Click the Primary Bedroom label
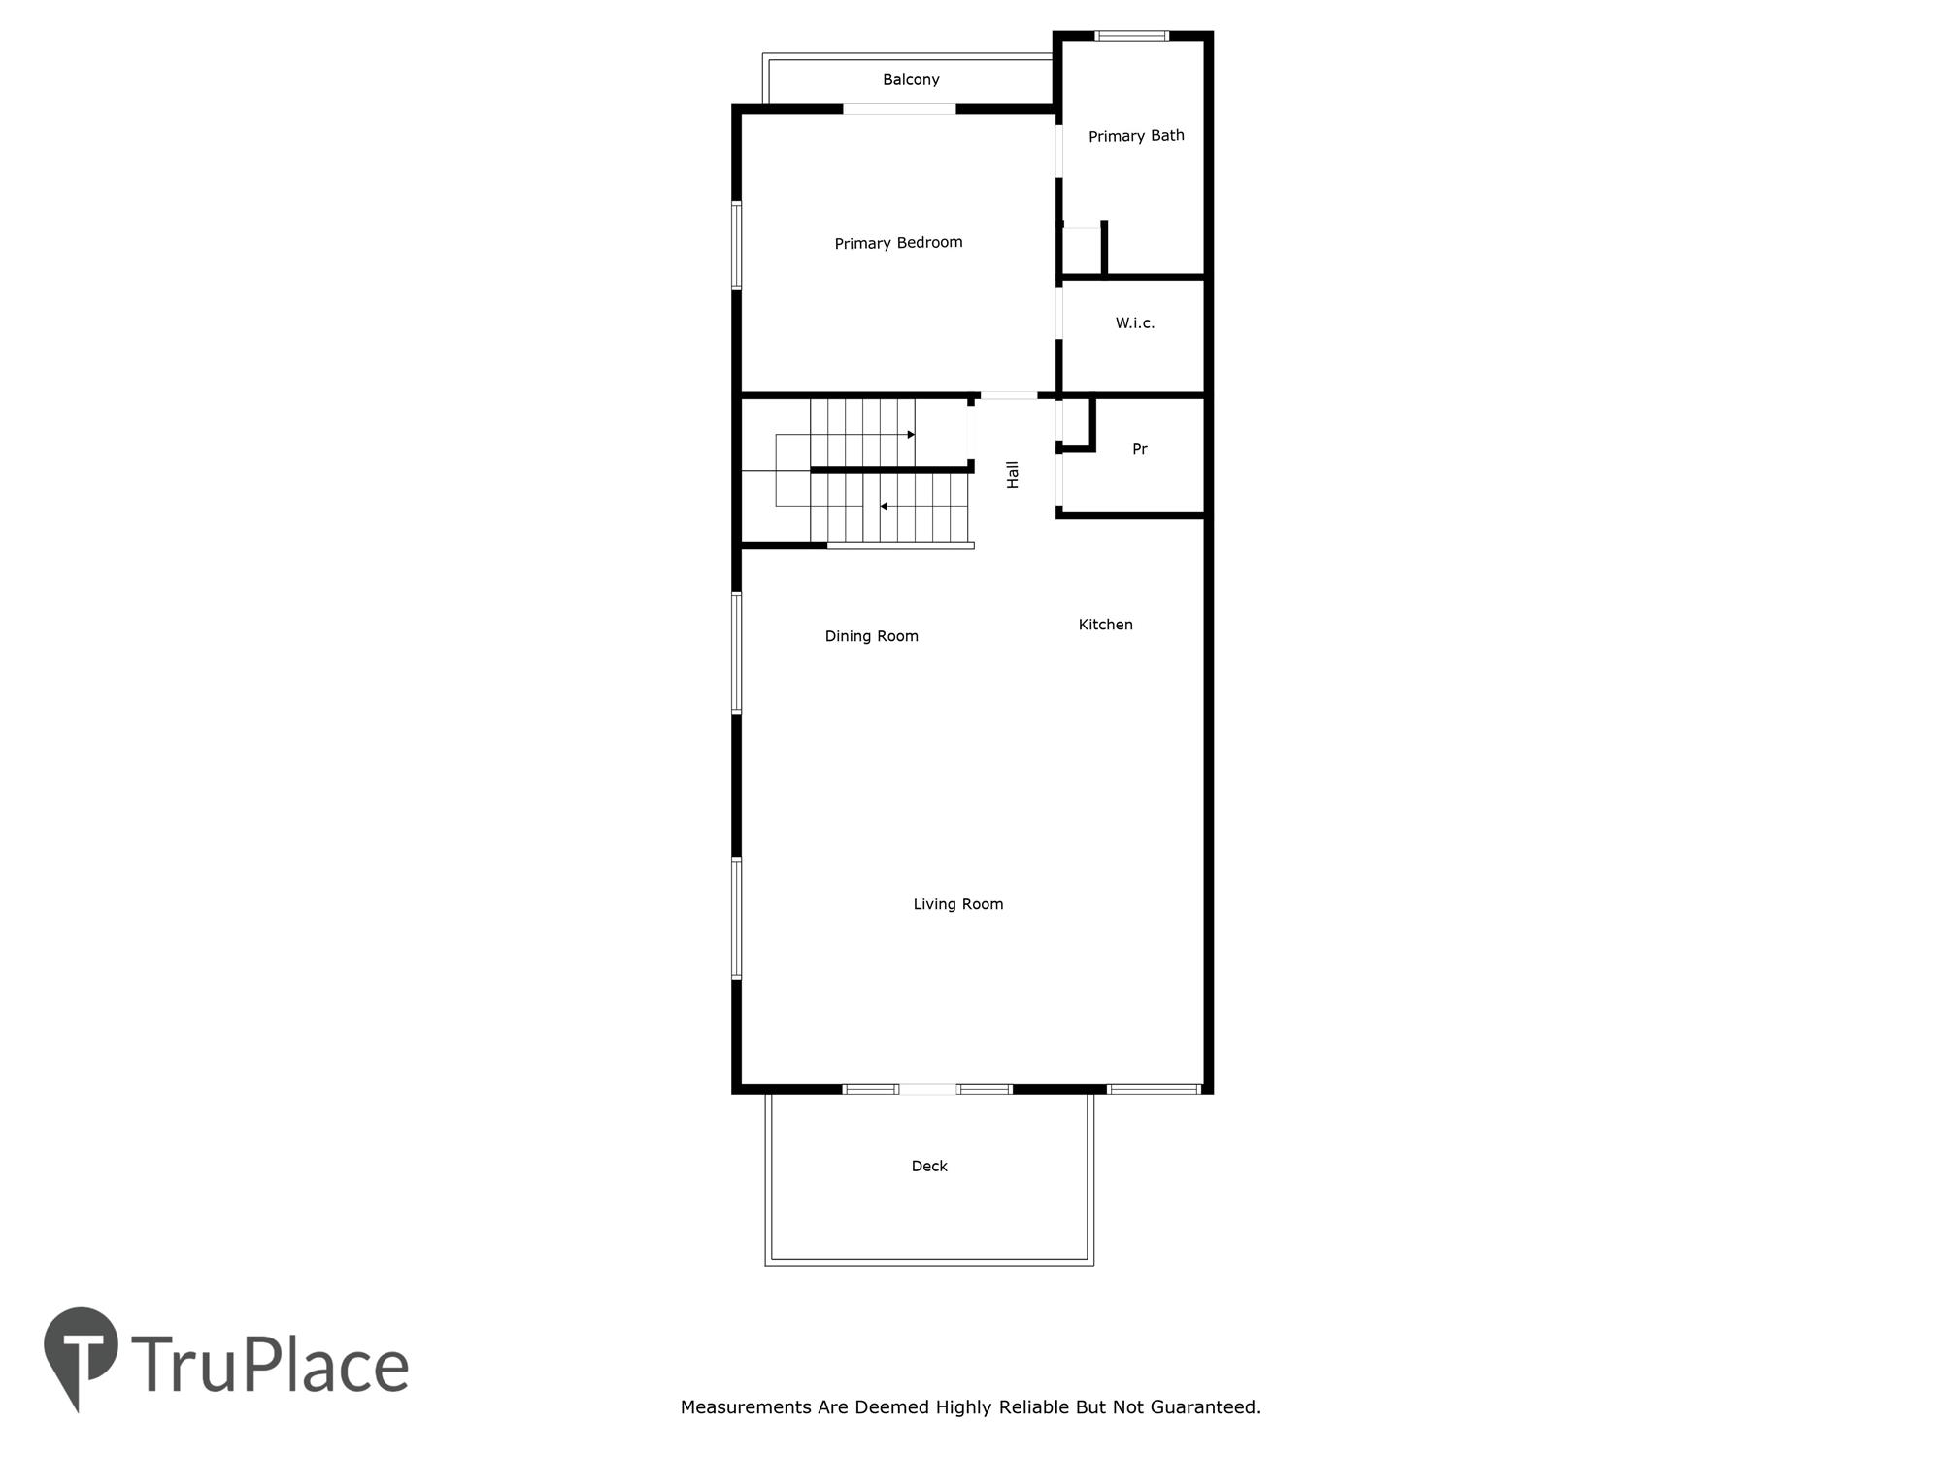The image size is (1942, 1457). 898,243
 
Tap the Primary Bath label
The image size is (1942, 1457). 1136,136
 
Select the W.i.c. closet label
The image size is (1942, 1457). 1135,322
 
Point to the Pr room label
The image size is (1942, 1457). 1140,449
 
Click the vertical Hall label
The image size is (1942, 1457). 1013,474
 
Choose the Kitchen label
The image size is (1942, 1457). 1105,625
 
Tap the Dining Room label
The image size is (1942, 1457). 871,636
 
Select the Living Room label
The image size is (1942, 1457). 957,904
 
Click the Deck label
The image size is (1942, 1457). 929,1166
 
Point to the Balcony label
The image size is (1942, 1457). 911,80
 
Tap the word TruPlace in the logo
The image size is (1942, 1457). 270,1365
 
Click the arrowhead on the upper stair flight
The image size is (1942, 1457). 911,435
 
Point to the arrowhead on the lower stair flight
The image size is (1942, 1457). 884,506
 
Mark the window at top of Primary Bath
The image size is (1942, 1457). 1132,36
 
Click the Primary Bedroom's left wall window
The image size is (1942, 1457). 737,246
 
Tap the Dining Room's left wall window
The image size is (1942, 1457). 737,653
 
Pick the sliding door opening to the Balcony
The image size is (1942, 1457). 899,109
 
